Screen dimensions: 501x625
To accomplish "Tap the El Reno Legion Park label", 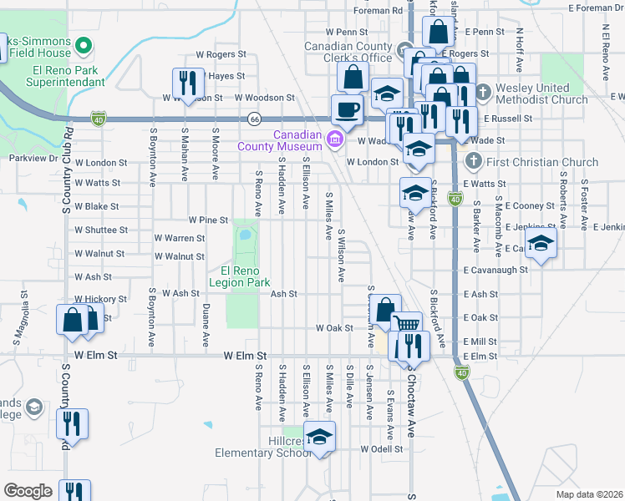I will [x=246, y=277].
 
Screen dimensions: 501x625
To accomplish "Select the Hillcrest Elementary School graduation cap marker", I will [x=318, y=437].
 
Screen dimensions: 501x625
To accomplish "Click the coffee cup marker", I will [x=347, y=109].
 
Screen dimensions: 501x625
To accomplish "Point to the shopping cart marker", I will [x=407, y=326].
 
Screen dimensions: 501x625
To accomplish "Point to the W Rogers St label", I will [x=221, y=53].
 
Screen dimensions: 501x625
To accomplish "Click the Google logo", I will [x=28, y=491].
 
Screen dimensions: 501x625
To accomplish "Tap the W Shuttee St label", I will [x=101, y=230].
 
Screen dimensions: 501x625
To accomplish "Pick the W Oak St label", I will [x=334, y=328].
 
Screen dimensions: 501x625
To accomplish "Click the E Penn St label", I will [x=485, y=31].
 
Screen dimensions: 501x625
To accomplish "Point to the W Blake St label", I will [x=97, y=206].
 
